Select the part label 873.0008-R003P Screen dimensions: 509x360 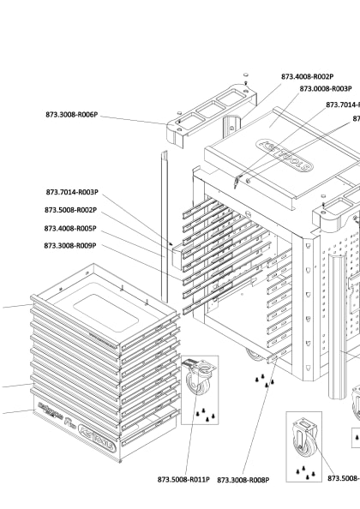click(326, 88)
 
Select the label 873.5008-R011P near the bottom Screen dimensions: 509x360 click(183, 480)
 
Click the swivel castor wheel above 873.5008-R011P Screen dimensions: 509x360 click(197, 377)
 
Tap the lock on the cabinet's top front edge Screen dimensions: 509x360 click(239, 180)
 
